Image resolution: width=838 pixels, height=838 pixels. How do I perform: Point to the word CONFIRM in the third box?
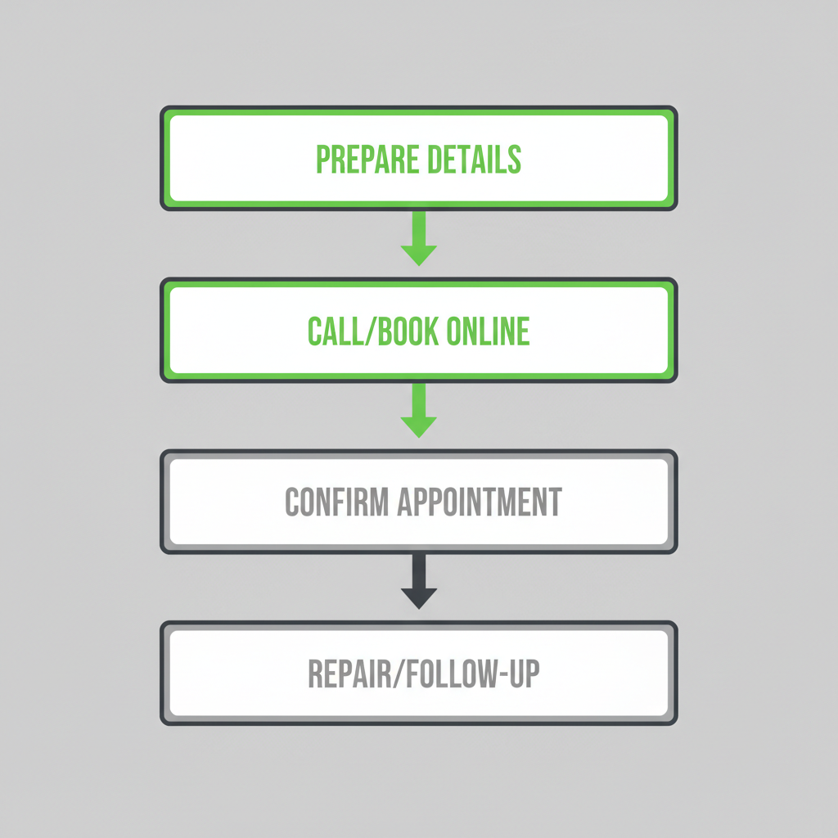point(336,502)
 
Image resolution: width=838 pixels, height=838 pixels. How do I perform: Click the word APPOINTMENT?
point(480,502)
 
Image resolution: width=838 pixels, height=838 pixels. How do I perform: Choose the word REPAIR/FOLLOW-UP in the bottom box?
point(423,674)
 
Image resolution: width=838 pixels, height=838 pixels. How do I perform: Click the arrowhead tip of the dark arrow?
point(419,606)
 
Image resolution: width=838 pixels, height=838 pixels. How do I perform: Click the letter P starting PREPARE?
point(322,160)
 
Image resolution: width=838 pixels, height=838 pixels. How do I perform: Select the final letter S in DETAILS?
point(515,160)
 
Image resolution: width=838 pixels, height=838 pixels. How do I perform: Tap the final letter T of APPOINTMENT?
point(556,502)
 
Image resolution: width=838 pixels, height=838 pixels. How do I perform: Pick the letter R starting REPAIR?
point(315,674)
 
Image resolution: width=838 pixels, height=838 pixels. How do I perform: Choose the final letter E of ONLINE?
point(524,331)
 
